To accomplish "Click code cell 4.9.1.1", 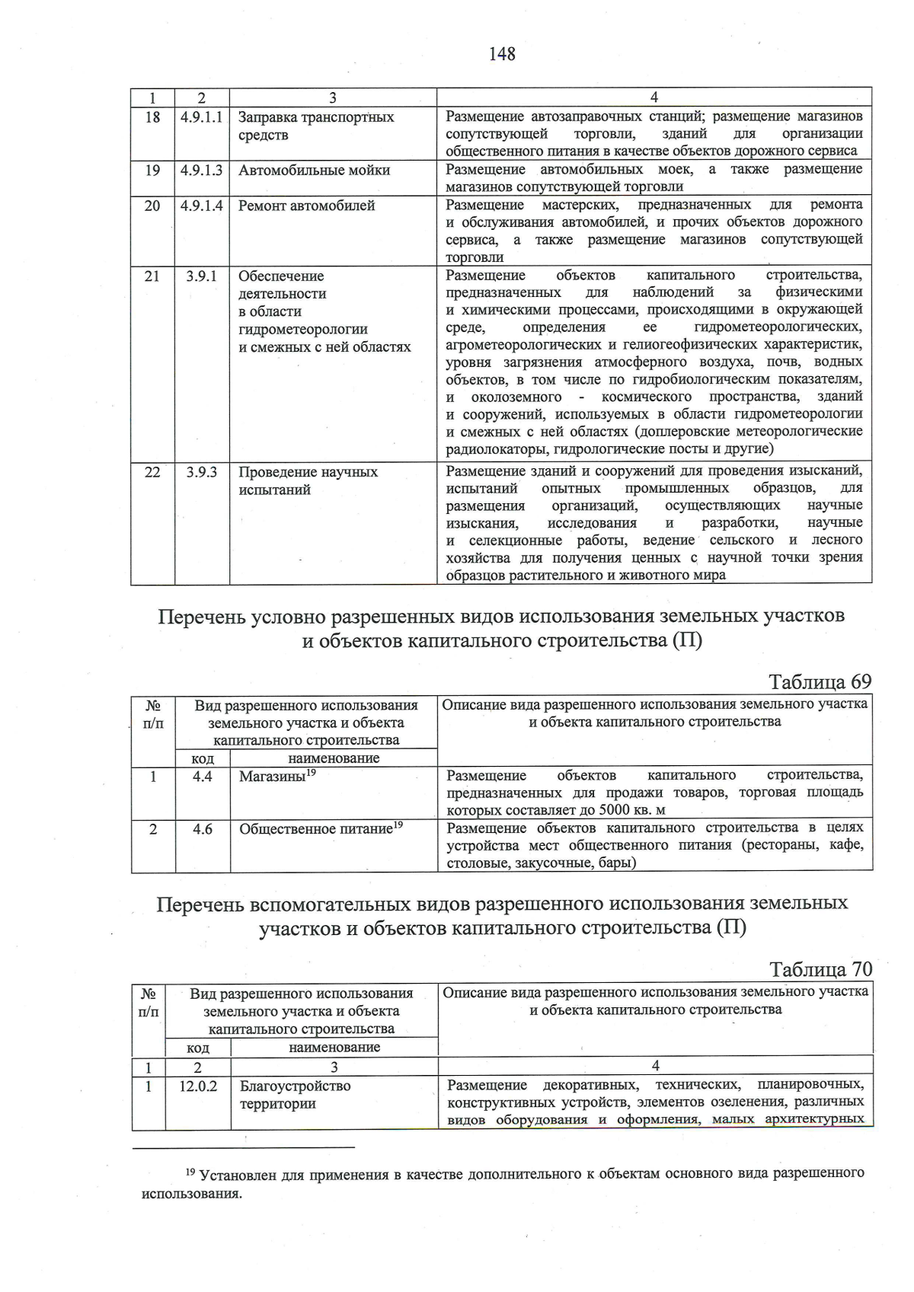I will pos(202,117).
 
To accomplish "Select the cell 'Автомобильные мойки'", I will pos(314,170).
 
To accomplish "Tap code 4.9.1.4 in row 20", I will pos(202,206).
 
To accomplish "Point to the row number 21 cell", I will pos(152,276).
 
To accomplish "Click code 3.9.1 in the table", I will pos(202,276).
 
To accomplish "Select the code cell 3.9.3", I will pos(202,472).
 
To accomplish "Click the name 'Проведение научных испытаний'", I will pos(308,480).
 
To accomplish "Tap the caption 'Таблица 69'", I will pos(820,681).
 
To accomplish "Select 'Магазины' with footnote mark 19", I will pos(277,777).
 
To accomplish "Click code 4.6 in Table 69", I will pos(202,829).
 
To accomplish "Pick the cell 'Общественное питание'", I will pos(320,829).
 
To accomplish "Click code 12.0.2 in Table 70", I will pos(198,1086).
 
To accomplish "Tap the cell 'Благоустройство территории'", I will pos(295,1095).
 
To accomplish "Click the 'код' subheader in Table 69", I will pos(202,758).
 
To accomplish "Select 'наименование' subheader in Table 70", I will pos(334,1048).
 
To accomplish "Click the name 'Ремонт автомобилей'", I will pos(306,206).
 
